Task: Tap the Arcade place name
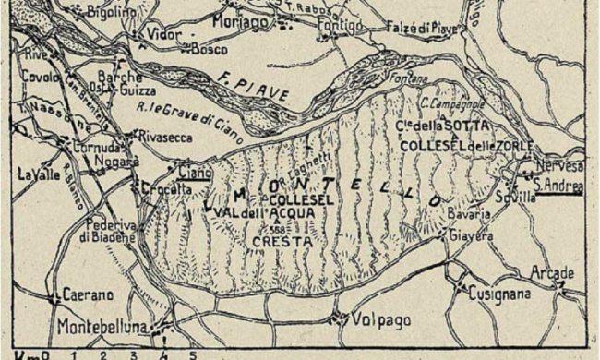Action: point(553,273)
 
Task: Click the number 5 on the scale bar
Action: point(192,354)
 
